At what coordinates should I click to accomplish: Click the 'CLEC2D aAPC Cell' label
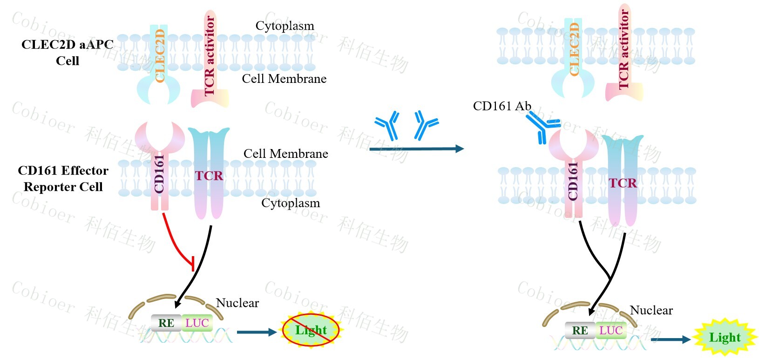[68, 53]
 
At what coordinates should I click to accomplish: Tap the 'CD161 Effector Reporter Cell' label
[63, 179]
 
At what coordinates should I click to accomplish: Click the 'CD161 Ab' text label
[502, 106]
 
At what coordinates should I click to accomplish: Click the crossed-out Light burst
[311, 330]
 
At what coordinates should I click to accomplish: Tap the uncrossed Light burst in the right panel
[725, 338]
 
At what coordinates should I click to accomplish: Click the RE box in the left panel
[166, 323]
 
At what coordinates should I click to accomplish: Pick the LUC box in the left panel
[197, 323]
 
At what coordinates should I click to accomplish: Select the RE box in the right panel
[580, 331]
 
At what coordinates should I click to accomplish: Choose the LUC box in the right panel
[610, 331]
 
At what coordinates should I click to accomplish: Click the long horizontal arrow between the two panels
[416, 149]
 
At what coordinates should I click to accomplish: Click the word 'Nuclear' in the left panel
[237, 303]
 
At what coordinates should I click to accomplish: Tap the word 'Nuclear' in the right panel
[651, 311]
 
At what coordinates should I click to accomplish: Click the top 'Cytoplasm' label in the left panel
[285, 26]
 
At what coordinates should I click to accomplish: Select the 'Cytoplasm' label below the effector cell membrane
[291, 203]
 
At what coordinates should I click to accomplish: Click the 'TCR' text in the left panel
[209, 176]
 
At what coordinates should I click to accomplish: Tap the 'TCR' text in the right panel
[623, 183]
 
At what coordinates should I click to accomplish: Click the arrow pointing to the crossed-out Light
[257, 332]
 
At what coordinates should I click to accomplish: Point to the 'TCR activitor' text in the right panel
[624, 49]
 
